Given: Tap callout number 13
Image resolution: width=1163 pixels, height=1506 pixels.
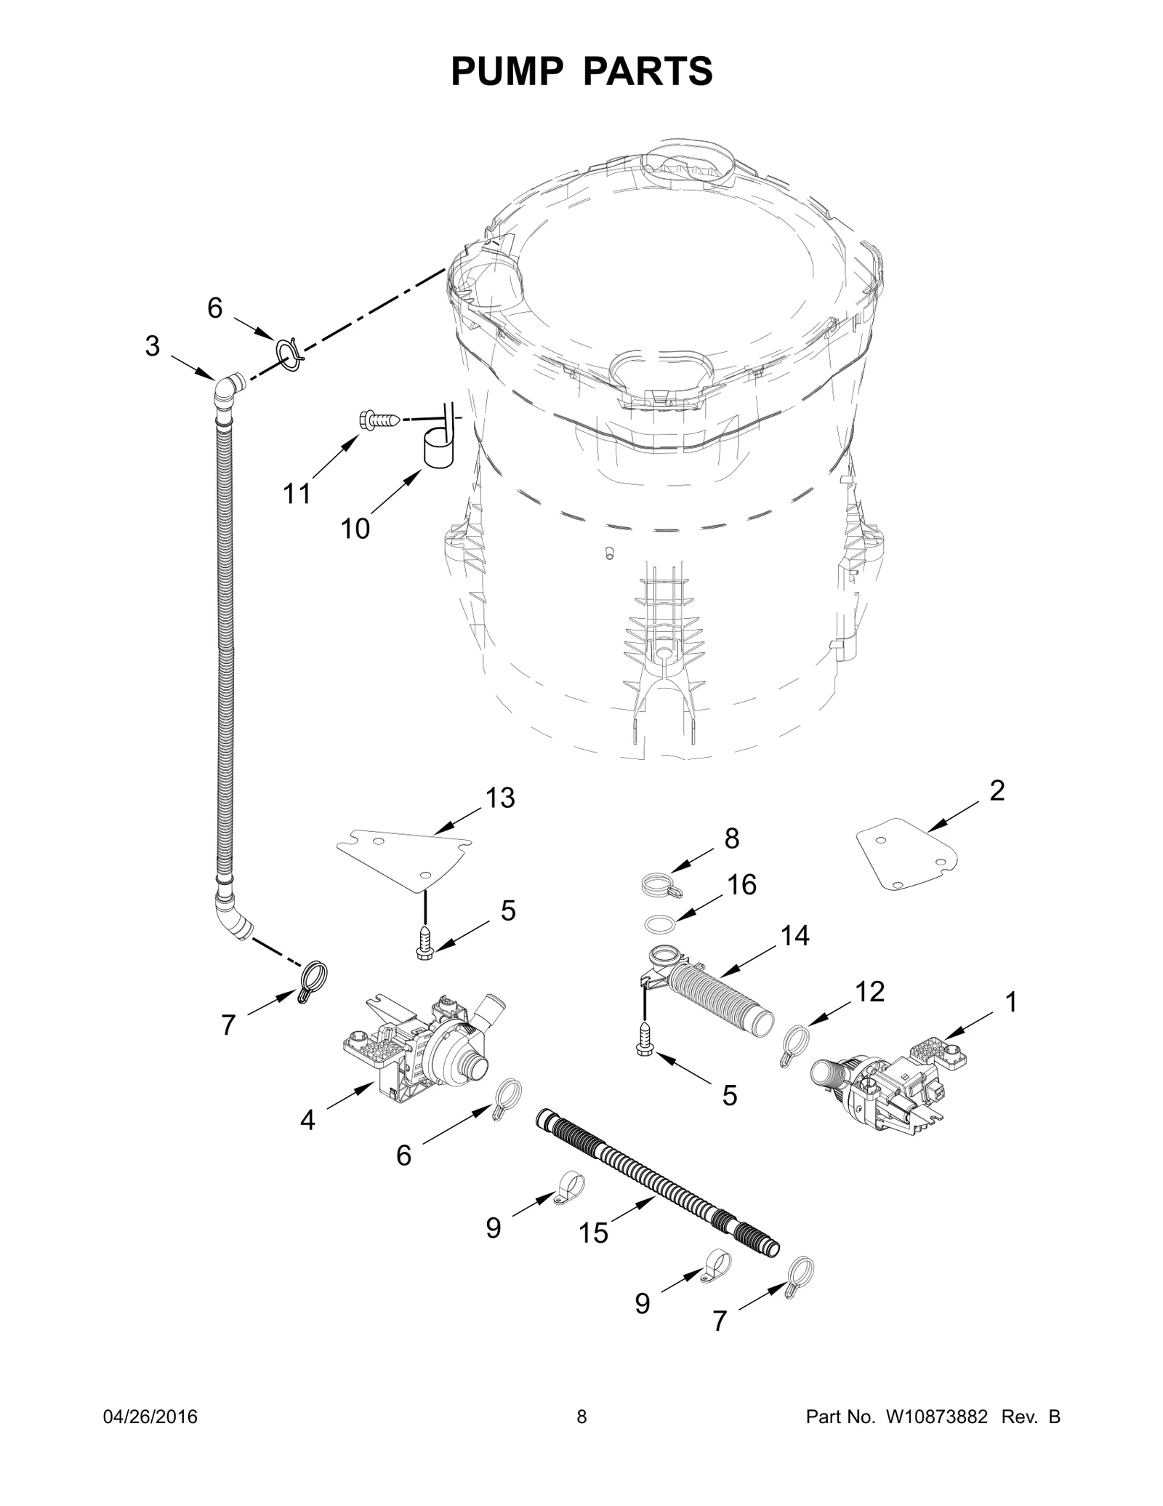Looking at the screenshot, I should click(500, 798).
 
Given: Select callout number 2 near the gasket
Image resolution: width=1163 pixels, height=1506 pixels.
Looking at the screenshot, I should click(997, 790).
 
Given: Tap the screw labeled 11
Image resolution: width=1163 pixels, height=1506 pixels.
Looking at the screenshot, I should click(379, 420).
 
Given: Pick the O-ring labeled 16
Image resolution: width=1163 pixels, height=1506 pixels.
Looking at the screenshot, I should click(660, 923).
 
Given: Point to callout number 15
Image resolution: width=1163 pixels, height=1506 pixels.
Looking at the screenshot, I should click(593, 1232).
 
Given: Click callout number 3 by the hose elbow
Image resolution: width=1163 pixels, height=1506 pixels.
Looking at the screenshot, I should click(152, 347).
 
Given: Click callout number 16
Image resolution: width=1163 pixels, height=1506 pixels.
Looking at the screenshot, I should click(741, 885).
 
